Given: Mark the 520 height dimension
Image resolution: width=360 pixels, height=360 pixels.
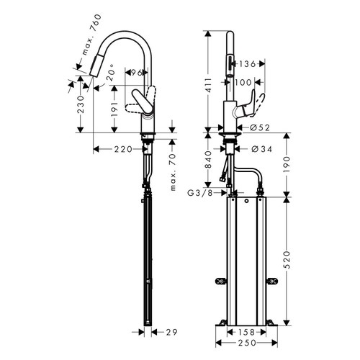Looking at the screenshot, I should pyautogui.click(x=287, y=259).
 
